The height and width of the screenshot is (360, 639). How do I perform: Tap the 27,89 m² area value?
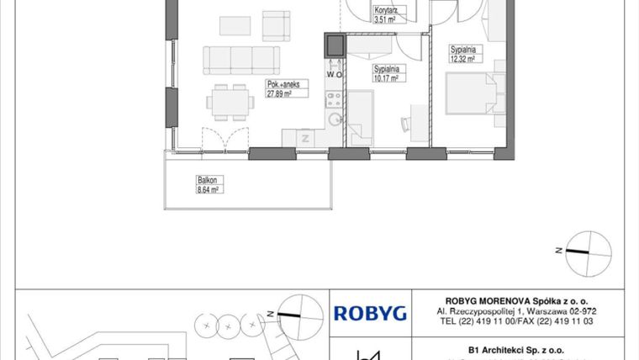(283, 93)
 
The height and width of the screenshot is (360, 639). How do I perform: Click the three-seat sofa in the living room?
(240, 60)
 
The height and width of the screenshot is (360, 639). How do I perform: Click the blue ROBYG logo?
(371, 314)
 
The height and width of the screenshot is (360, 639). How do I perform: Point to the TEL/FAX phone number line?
(515, 321)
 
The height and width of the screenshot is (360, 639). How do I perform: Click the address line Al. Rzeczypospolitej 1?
(515, 311)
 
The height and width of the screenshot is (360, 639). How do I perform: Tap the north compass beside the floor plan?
(589, 249)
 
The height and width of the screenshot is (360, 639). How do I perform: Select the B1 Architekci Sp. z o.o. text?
(515, 348)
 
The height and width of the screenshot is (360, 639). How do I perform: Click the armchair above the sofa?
(275, 25)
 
